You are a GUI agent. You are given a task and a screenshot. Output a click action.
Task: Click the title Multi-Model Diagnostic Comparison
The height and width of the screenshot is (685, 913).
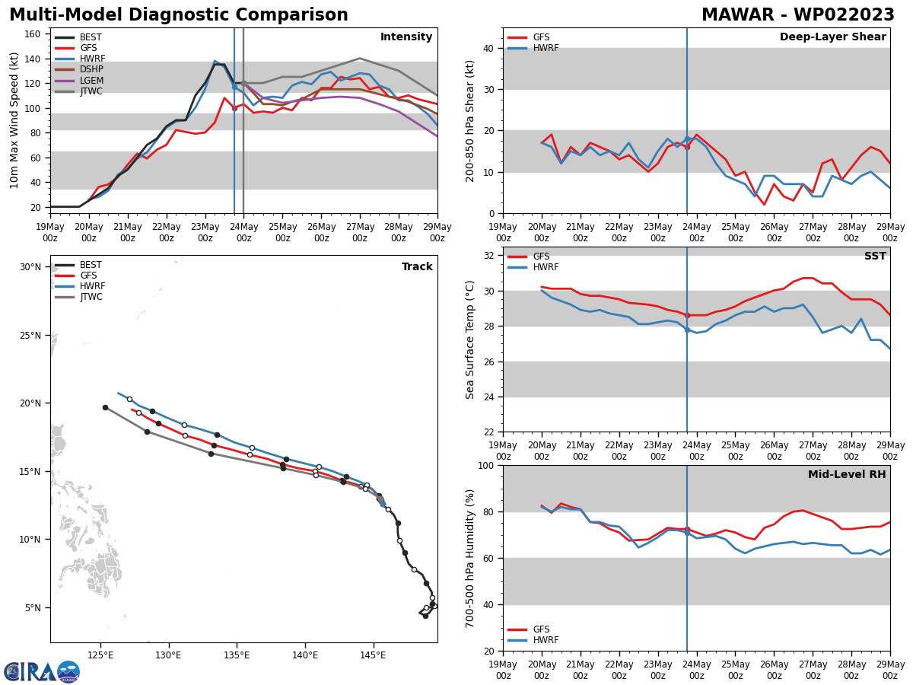click(178, 15)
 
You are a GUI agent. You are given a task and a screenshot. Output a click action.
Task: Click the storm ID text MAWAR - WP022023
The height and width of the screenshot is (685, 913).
click(797, 15)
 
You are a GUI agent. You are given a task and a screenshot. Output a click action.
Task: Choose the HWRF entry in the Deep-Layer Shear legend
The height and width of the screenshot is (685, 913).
click(545, 48)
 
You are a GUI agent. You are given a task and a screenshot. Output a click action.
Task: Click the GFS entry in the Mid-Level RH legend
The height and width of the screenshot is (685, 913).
click(541, 629)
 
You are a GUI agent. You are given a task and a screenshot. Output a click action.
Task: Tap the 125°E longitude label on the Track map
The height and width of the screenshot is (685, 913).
click(100, 655)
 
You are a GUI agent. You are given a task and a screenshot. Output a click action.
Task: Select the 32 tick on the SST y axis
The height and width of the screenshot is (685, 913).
click(491, 256)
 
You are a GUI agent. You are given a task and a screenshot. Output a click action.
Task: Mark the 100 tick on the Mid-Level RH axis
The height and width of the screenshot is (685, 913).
click(488, 465)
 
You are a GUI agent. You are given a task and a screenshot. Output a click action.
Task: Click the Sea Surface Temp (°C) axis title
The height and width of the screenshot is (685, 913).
click(470, 339)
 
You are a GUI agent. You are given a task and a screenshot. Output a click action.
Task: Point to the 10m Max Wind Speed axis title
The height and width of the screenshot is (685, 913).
click(14, 120)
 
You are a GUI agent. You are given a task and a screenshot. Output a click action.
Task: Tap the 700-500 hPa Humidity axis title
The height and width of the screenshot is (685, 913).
click(470, 558)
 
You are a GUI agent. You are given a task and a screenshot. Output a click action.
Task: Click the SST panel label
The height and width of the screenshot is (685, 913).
click(874, 256)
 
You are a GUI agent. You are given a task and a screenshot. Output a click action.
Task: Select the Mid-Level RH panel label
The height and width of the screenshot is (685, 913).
click(847, 475)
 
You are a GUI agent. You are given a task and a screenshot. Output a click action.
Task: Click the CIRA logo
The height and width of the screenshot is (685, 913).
click(42, 671)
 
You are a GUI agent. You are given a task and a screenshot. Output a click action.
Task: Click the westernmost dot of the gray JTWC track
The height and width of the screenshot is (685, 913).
click(105, 407)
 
